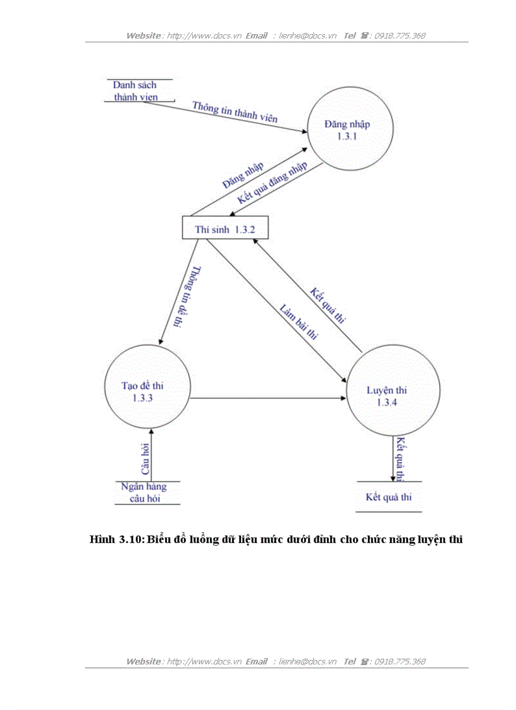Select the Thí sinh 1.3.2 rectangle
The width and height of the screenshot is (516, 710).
[225, 229]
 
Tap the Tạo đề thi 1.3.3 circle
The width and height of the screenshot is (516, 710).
[147, 391]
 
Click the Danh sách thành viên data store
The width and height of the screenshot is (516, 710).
[135, 91]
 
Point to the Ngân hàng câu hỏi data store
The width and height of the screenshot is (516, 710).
[144, 493]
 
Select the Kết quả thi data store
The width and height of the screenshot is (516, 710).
[388, 497]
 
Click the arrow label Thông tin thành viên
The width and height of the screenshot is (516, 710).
[235, 112]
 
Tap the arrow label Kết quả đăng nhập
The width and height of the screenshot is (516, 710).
[273, 183]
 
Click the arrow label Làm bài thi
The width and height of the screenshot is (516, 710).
[298, 322]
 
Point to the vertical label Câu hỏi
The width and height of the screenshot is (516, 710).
[145, 460]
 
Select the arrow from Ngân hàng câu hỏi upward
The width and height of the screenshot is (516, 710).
[152, 455]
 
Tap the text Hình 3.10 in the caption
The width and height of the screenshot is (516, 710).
[117, 539]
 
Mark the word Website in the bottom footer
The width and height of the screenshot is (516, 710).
[144, 661]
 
